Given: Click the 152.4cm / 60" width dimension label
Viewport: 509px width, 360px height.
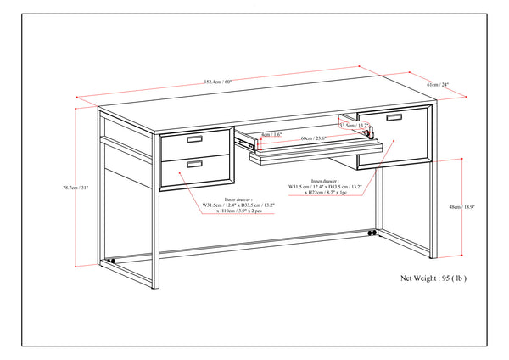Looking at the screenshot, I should [x=217, y=82].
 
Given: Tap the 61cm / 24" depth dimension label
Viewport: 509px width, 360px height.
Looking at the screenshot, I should [x=438, y=85].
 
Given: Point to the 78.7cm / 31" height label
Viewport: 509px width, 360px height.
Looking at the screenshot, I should [x=75, y=188].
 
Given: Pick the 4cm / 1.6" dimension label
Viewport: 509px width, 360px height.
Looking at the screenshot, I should [x=271, y=134].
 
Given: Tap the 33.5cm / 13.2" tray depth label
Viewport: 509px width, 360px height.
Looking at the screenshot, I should [x=353, y=125].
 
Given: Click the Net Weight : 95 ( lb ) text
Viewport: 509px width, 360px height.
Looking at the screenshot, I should [x=433, y=278].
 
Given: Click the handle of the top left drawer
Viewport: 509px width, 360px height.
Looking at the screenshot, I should [x=194, y=139].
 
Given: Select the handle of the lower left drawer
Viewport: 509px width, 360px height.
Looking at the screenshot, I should [x=194, y=163].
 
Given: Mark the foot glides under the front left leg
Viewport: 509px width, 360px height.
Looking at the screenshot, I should [x=110, y=261].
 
